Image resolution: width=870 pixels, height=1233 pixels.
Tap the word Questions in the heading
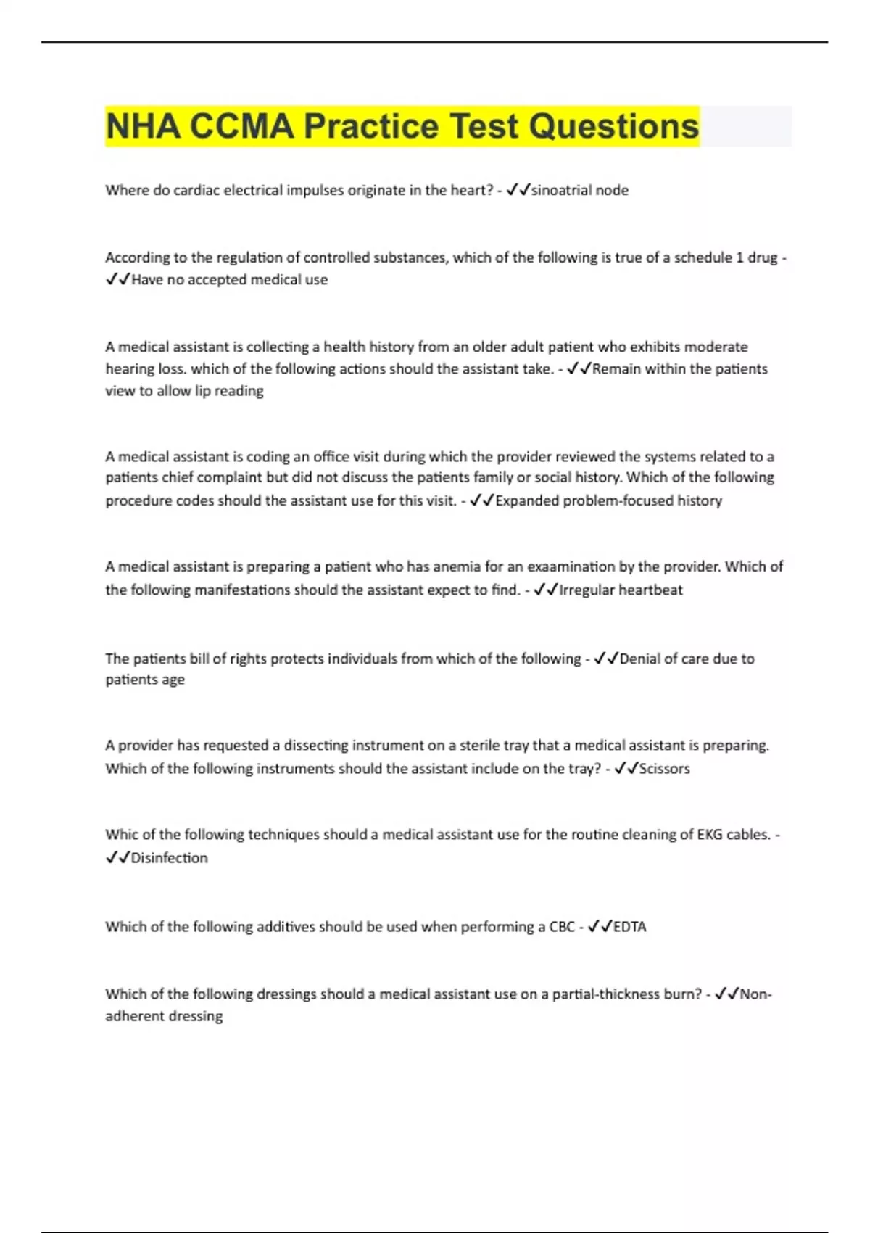[613, 126]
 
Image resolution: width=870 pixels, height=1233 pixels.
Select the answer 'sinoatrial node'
[579, 190]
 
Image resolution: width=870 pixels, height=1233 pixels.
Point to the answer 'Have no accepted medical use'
[229, 280]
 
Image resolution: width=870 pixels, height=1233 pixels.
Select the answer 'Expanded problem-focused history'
[608, 500]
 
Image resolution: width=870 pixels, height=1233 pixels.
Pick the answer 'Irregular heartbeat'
[621, 590]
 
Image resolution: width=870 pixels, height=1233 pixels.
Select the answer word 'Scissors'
[664, 769]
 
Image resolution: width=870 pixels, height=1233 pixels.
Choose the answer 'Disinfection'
[169, 858]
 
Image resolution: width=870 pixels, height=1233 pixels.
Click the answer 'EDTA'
[629, 927]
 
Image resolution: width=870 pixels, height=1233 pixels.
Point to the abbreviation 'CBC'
[562, 927]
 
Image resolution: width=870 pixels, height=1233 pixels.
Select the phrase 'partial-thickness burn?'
[627, 994]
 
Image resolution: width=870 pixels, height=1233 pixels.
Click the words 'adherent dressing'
[164, 1016]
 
